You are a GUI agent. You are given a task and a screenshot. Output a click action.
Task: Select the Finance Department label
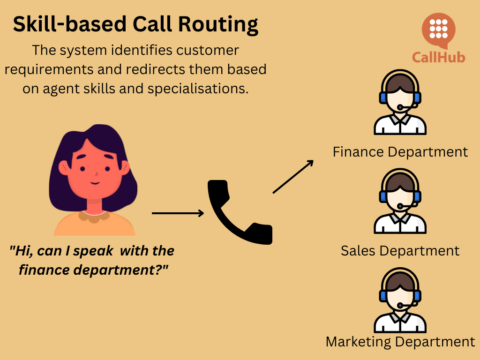click(x=400, y=152)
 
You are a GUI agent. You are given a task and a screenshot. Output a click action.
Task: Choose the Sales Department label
click(x=400, y=250)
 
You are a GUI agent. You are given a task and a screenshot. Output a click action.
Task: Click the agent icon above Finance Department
click(x=400, y=105)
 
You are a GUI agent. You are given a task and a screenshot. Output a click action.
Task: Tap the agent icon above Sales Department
click(x=400, y=202)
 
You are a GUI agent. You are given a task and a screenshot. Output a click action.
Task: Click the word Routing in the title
click(x=240, y=22)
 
